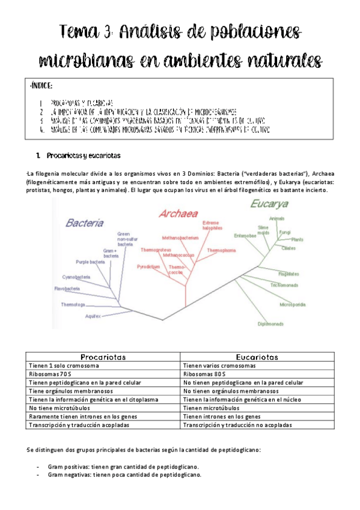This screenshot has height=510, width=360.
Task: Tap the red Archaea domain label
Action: [x=178, y=213]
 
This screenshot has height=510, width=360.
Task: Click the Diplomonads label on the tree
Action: [x=270, y=324]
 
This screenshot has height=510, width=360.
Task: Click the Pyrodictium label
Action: [x=148, y=266]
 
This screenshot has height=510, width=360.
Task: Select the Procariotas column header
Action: [x=103, y=357]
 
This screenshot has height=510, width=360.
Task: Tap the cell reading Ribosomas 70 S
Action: [x=50, y=373]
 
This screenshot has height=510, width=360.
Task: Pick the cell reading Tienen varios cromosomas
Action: [x=220, y=365]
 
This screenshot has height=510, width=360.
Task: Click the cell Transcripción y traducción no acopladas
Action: [x=237, y=425]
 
